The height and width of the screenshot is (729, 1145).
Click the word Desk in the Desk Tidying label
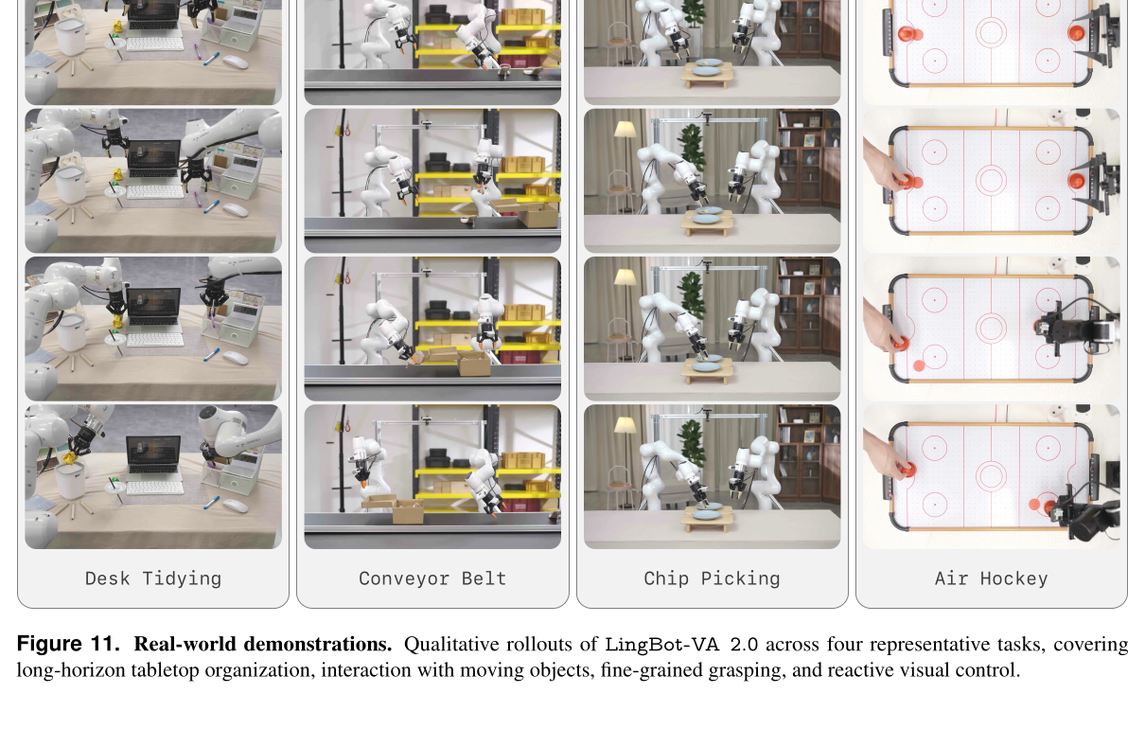coord(107,578)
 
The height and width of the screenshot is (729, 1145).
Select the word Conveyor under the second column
coord(404,578)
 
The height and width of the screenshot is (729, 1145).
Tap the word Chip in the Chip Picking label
coord(666,578)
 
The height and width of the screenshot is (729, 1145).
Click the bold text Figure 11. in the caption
coord(68,644)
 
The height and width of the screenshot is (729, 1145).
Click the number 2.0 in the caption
coord(744,645)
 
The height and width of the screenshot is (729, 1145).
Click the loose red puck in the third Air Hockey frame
coord(919,365)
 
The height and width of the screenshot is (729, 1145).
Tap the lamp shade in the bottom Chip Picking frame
coord(624,424)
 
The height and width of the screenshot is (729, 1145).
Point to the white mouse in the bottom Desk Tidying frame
coord(236,505)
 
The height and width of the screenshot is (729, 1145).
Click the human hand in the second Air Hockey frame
coord(886,168)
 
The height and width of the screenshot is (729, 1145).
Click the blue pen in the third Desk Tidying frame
coord(211,354)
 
